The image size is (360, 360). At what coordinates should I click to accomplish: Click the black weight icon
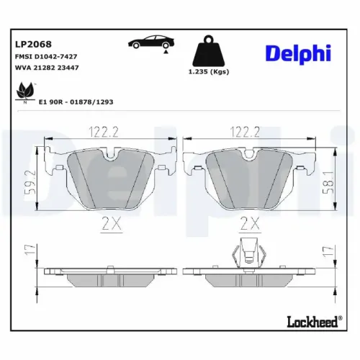tap(209, 51)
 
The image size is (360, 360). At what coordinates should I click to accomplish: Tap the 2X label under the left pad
tap(111, 222)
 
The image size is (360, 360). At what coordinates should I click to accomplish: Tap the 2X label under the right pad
tap(249, 222)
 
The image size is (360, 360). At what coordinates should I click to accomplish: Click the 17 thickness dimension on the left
tap(29, 253)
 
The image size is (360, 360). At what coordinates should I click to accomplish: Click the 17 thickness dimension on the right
tap(328, 253)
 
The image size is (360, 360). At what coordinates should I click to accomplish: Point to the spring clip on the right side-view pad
tap(249, 252)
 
